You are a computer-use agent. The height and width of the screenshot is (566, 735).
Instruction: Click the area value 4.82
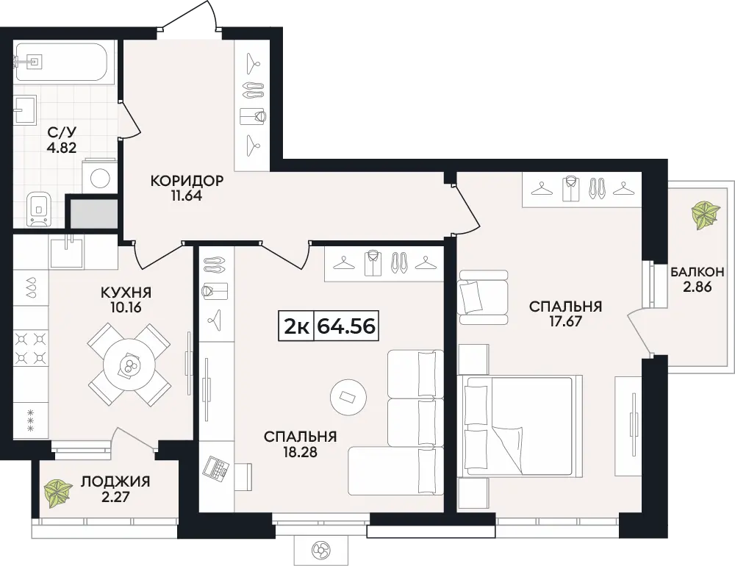coord(62,148)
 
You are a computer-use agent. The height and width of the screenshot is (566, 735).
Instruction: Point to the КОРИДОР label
coord(187,181)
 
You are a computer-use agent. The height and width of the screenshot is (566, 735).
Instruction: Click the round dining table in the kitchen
coord(129,365)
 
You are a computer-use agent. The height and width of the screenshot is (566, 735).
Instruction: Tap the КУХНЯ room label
coord(126,293)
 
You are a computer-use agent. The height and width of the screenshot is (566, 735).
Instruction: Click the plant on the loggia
coord(57,492)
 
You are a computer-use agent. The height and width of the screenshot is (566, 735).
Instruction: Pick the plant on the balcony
coord(705,215)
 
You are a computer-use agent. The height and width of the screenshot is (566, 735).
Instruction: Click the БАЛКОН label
coord(697,271)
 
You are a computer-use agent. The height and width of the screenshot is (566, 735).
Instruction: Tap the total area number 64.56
coord(346,326)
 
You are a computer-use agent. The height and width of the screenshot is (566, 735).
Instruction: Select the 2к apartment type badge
coord(296,326)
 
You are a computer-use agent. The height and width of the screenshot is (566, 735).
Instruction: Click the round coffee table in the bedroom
coord(348,397)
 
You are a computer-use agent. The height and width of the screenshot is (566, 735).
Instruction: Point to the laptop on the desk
coord(215,466)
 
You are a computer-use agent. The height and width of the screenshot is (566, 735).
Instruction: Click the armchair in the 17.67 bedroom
coord(484,297)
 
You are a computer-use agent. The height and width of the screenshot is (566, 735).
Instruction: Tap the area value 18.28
coord(300,452)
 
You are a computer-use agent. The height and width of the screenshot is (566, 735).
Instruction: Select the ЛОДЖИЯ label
coord(116,481)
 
